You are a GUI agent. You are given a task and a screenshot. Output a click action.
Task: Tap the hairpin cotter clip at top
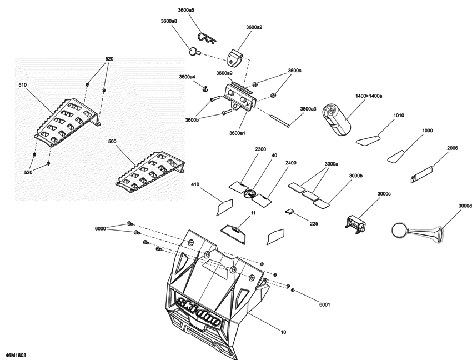coord(209,37)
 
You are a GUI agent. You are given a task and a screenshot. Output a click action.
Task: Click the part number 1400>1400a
coord(369,96)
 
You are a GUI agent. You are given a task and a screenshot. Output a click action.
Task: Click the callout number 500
coord(112,142)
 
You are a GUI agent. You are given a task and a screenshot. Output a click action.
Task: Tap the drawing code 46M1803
coord(16,354)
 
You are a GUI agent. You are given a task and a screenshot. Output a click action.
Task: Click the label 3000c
coord(384,194)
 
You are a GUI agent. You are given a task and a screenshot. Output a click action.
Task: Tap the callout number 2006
coord(452,148)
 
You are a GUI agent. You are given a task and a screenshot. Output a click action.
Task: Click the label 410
coord(195,184)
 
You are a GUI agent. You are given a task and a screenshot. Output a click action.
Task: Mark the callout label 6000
coord(100,228)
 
